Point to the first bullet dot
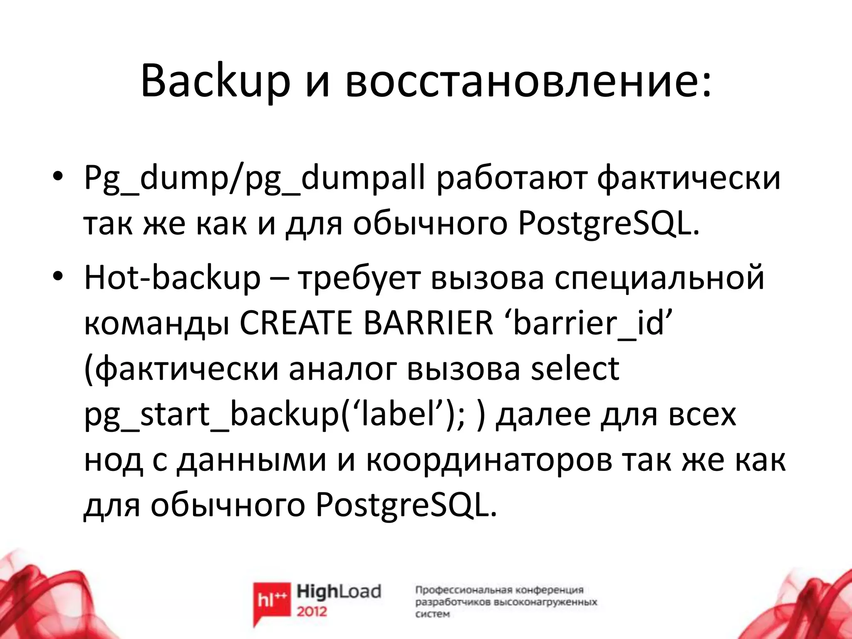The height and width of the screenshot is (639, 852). click(x=57, y=176)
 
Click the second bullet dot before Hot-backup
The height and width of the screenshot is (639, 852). click(x=57, y=275)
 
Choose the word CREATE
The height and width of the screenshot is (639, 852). click(x=296, y=323)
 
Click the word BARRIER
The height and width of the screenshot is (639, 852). click(x=428, y=323)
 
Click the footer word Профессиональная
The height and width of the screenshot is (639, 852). click(x=463, y=590)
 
